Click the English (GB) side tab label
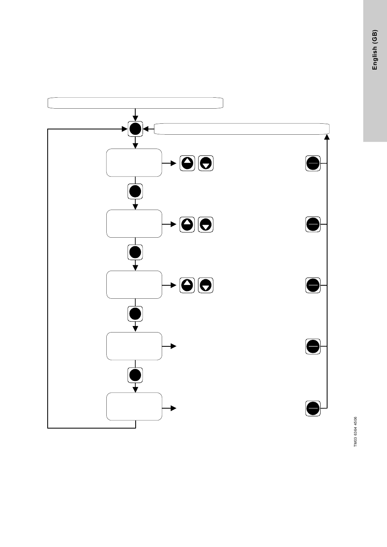pos(374,50)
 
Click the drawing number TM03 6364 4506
pos(355,432)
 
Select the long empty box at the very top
pos(135,103)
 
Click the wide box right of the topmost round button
pos(242,129)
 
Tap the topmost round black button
pos(135,129)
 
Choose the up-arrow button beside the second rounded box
pos(187,224)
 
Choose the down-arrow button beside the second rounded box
pos(206,224)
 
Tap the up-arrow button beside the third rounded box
pos(187,285)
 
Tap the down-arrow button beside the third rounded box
pos(206,285)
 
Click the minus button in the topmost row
pos(313,163)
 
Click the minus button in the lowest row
pos(313,408)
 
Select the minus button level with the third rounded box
pos(313,285)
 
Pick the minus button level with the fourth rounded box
pos(313,346)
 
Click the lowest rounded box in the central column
pos(134,406)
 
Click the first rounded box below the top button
pos(134,162)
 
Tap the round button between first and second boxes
pos(135,191)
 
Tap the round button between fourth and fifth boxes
pos(135,375)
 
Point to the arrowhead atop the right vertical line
pos(327,137)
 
